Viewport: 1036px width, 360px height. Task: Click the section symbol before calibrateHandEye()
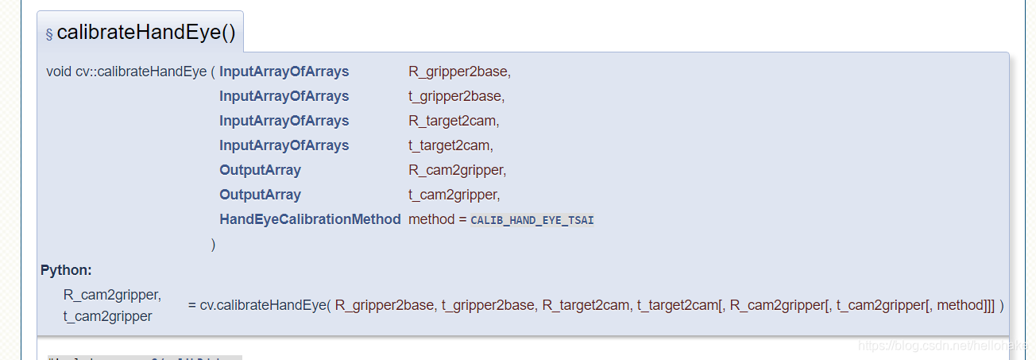[49, 34]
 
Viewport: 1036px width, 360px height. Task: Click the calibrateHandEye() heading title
[146, 33]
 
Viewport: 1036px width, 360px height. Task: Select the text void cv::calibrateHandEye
[126, 72]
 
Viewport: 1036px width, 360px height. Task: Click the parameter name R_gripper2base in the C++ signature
[458, 72]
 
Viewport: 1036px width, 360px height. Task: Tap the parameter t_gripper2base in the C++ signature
[455, 96]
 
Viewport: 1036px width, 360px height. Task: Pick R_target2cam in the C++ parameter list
[452, 121]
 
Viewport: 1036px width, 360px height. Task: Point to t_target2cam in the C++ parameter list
[450, 145]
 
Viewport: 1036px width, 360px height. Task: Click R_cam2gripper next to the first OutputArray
[455, 170]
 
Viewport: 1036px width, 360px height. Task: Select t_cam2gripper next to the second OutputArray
[453, 195]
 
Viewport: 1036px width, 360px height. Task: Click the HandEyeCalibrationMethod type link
[310, 219]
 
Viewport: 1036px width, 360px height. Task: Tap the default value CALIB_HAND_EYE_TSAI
[532, 220]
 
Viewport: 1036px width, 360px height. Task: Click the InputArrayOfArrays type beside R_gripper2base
[284, 72]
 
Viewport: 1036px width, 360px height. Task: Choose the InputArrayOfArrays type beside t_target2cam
[284, 145]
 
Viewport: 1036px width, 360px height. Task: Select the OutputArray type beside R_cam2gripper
[260, 170]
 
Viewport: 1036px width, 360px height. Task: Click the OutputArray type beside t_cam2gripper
[260, 195]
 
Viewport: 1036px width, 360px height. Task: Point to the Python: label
[66, 270]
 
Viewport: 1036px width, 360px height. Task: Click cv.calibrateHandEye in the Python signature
[262, 305]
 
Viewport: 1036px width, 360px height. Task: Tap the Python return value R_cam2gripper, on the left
[111, 295]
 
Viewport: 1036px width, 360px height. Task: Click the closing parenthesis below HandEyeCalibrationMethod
[213, 244]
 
